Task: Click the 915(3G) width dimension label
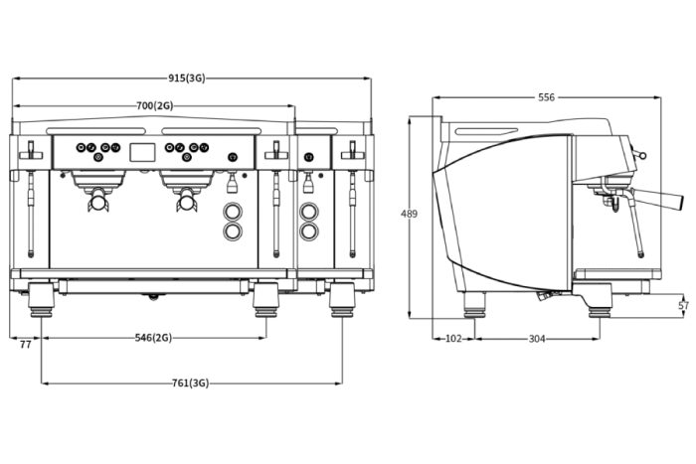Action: pos(187,78)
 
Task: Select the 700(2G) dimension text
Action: pos(154,105)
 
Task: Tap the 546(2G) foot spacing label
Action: pos(153,338)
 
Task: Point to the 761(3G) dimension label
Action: pos(191,383)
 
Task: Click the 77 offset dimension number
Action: pos(25,344)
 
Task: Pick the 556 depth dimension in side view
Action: pos(547,97)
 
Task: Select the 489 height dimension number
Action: pos(409,214)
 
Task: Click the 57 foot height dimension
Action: pos(684,305)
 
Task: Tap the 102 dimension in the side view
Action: pos(453,339)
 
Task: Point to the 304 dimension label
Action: pos(537,339)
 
